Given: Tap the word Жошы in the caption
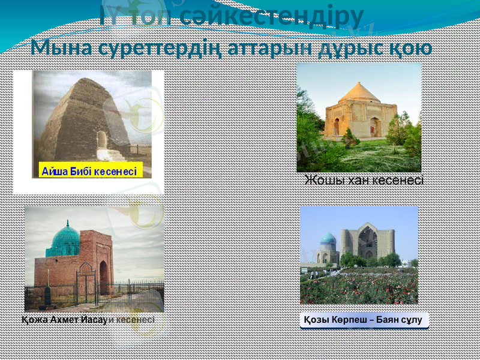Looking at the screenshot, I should [325, 179].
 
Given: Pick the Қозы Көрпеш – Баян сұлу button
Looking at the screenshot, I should [364, 320].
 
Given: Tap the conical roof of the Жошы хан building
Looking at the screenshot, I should [359, 92].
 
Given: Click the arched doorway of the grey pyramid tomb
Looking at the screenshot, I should [102, 140].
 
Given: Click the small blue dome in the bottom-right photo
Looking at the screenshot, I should [328, 239].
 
